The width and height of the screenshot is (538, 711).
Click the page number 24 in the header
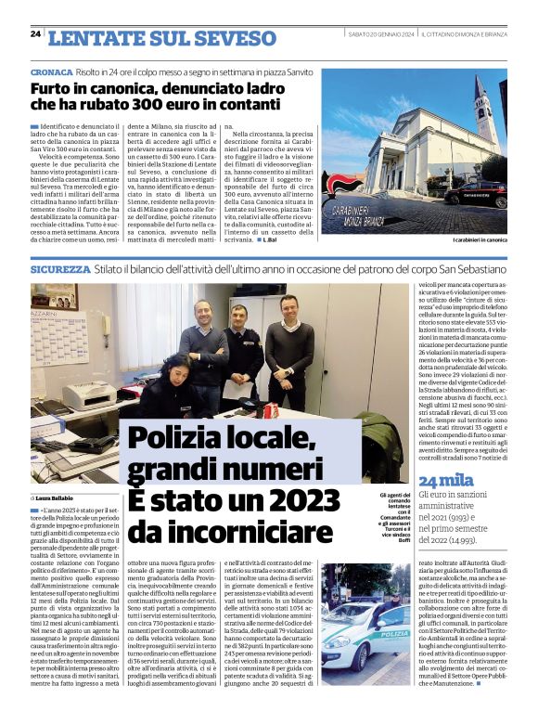tap(35, 34)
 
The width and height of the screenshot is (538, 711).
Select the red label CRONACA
tap(51, 71)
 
